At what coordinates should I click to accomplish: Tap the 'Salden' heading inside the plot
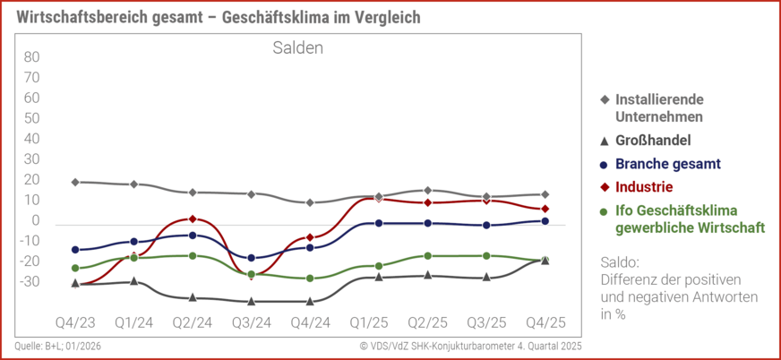click(298, 48)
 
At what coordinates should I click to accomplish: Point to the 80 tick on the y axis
click(31, 56)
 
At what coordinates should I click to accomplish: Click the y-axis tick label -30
click(30, 281)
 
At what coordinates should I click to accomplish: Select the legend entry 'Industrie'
click(644, 187)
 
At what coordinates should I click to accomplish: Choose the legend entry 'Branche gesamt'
click(667, 164)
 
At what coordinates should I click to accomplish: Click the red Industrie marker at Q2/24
click(193, 219)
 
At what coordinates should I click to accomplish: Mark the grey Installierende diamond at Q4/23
click(75, 182)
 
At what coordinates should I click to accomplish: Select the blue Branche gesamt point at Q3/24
click(251, 258)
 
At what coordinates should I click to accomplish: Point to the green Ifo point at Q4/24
click(310, 279)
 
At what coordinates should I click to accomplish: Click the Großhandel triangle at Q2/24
click(193, 296)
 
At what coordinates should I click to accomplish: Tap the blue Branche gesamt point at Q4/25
click(545, 220)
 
